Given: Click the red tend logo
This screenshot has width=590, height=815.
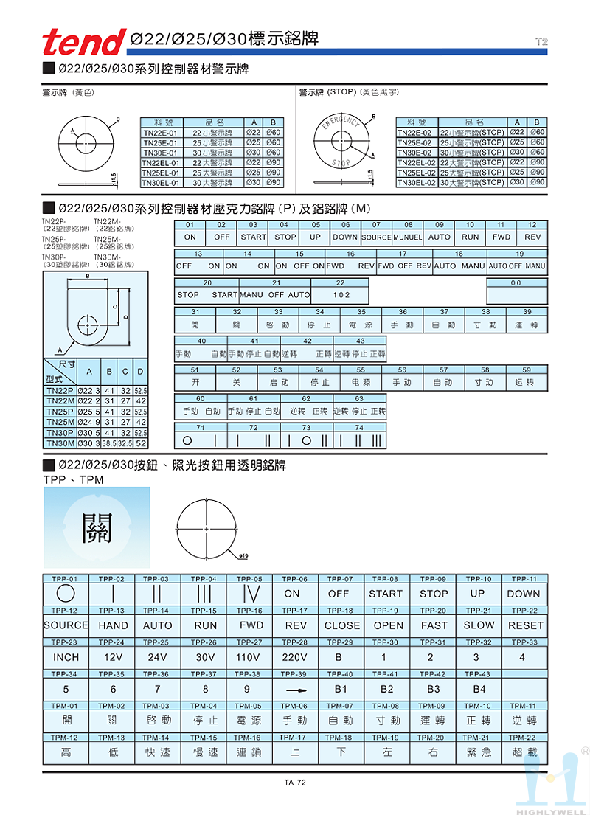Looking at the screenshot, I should pos(84,41).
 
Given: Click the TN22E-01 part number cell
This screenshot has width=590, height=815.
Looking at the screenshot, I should pos(160,133).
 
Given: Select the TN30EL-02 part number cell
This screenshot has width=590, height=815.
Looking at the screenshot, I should pos(417,182).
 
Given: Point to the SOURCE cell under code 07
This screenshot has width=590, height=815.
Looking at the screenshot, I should pos(376,238).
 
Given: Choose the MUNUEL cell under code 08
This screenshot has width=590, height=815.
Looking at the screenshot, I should pos(408,238).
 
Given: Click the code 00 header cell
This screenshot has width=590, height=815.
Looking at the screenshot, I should pos(517,282).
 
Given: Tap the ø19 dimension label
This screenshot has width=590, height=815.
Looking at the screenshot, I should pos(244,554).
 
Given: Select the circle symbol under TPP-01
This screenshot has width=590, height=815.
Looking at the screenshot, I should pos(66,594).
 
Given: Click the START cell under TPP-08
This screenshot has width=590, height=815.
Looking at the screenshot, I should pos(386,594).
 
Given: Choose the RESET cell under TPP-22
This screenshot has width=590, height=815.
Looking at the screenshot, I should pos(525,625).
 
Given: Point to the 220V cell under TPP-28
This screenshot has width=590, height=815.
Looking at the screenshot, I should pos(294,657).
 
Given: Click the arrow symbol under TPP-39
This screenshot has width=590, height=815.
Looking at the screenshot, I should pos(295,690).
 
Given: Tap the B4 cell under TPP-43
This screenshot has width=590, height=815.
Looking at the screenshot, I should pos(479,690).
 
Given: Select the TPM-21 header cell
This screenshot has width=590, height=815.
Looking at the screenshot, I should pos(478,738).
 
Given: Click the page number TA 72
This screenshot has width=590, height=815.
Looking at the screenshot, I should pos(295,783).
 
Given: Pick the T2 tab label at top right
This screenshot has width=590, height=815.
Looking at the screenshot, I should pos(541,42).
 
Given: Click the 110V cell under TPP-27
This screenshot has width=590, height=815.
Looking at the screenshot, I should pos(249,657).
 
